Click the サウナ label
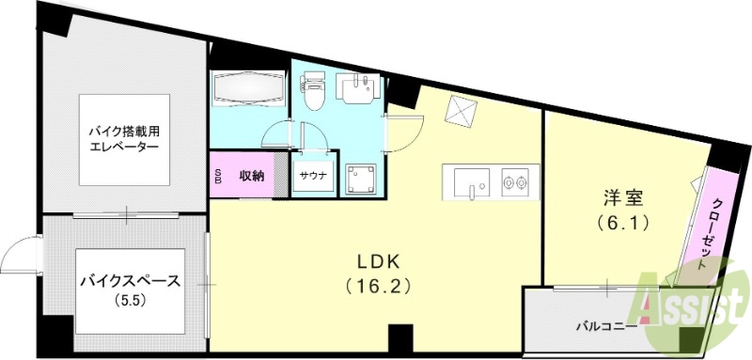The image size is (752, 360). click(x=313, y=176)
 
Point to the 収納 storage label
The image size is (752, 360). click(x=251, y=175)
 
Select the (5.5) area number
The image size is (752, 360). click(x=124, y=302)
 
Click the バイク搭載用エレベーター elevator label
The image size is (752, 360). click(x=123, y=140)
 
